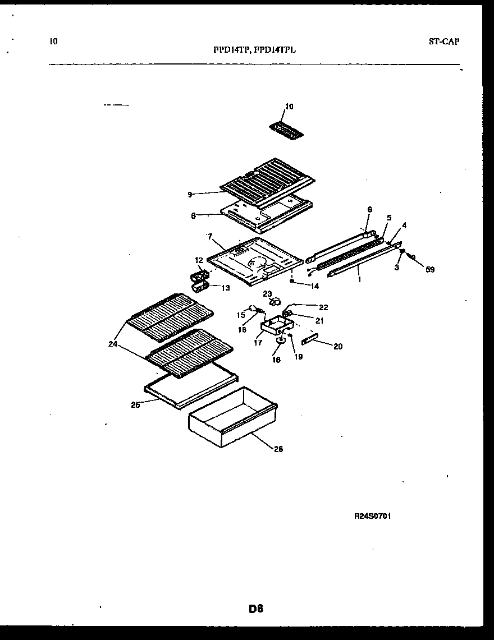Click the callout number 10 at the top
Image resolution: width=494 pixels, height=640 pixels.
point(289,107)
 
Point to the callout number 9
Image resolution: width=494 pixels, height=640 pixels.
point(190,194)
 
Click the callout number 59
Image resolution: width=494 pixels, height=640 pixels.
point(430,270)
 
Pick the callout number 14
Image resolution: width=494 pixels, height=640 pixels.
point(314,286)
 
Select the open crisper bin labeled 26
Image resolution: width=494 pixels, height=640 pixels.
point(233,415)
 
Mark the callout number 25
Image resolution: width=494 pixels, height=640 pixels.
point(135,404)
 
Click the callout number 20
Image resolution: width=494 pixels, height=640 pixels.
point(337,347)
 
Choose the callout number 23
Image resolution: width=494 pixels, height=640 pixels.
point(267,293)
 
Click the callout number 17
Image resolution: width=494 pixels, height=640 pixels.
point(258,342)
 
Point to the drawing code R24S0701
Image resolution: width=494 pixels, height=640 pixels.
point(372,517)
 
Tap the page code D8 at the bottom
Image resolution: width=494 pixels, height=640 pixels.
point(255,608)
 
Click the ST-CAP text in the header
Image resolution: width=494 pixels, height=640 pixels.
point(443,42)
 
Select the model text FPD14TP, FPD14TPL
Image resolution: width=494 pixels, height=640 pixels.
point(254,49)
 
